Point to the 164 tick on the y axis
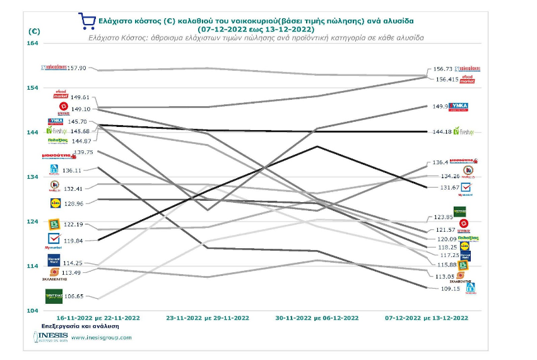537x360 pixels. point(32,43)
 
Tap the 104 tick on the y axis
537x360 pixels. point(32,311)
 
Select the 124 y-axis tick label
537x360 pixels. point(32,222)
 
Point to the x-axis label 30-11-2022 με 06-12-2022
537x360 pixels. point(317,318)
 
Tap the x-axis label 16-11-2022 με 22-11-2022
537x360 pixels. point(98,318)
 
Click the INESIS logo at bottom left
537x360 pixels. point(49,337)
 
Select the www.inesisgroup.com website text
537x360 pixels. point(102,337)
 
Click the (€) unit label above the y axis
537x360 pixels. point(34,30)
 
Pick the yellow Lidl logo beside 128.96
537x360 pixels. point(55,203)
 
